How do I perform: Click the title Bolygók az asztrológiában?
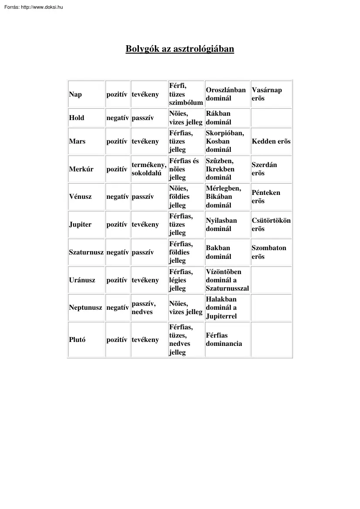click(x=180, y=49)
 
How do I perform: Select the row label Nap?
click(x=75, y=94)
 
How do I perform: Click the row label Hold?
click(x=77, y=118)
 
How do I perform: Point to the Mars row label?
click(x=77, y=141)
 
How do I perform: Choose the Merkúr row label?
click(x=81, y=169)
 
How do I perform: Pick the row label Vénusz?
click(x=80, y=197)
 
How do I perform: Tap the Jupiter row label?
click(x=80, y=224)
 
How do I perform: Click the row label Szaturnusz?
click(x=86, y=252)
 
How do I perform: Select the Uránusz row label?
click(x=82, y=280)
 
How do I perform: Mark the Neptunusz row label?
click(x=86, y=308)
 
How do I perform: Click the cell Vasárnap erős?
click(x=266, y=94)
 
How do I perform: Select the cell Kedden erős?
click(x=271, y=141)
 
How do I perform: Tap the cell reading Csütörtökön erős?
click(x=271, y=224)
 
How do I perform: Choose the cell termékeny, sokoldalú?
click(x=149, y=169)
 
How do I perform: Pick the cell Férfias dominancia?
click(x=224, y=339)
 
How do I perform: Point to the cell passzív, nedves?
click(x=143, y=308)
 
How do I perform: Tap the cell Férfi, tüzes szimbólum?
click(x=185, y=94)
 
